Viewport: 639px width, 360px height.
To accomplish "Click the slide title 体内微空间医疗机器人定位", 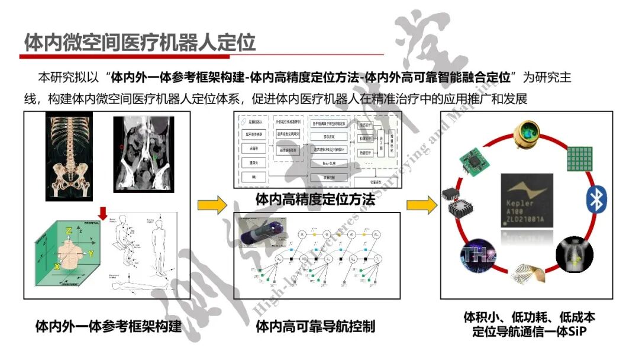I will coord(140,42).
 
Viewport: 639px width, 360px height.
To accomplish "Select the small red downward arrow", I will coord(102,212).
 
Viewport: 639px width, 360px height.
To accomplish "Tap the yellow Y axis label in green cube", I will coord(91,253).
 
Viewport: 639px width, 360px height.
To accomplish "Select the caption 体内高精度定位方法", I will coord(315,200).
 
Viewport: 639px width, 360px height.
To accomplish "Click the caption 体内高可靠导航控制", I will coord(315,326).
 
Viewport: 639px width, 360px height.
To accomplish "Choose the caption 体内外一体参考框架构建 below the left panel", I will coord(108,326).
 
